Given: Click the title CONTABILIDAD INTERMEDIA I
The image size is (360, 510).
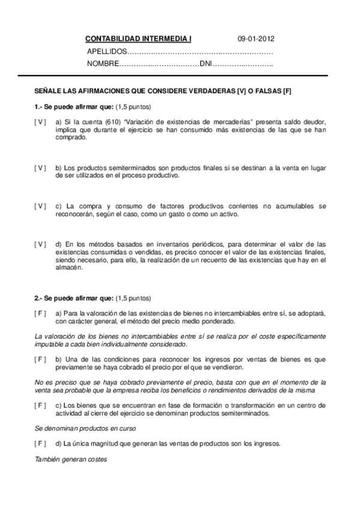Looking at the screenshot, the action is (138, 38).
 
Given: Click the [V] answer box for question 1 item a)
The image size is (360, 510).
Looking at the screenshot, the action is (40, 121).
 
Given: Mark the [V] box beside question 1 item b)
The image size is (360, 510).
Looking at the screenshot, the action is (40, 167).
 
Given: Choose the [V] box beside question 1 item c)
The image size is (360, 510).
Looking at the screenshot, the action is (40, 206).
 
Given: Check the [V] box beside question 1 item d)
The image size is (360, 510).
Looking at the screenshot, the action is (40, 244).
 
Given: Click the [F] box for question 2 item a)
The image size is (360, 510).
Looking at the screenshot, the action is (40, 313).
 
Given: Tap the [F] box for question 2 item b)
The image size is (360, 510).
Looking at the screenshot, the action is (40, 359).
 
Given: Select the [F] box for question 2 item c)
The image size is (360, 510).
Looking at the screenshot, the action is (40, 405).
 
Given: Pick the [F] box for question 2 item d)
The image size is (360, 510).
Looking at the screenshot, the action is (40, 444).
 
